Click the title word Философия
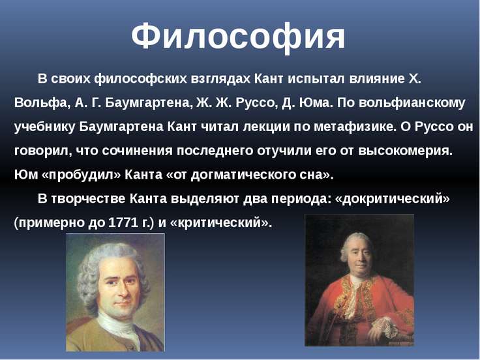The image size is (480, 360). [238, 37]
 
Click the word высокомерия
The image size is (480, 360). [405, 151]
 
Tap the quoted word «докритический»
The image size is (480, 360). [393, 199]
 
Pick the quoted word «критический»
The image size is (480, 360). [220, 222]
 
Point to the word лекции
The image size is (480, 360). [266, 127]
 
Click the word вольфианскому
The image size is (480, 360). [412, 103]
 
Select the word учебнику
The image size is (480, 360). [44, 127]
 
